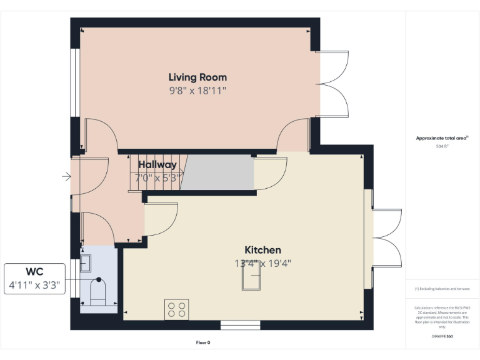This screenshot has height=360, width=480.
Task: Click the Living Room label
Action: pyautogui.click(x=197, y=77)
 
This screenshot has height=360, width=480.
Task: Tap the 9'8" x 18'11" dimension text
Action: pyautogui.click(x=197, y=91)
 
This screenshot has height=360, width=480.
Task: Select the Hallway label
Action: pyautogui.click(x=157, y=165)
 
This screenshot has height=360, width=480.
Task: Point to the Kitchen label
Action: pyautogui.click(x=262, y=249)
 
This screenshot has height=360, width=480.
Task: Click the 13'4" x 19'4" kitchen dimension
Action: pyautogui.click(x=262, y=263)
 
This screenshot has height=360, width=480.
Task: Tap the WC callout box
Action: pyautogui.click(x=35, y=279)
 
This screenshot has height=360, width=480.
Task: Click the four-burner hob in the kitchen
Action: pyautogui.click(x=177, y=310)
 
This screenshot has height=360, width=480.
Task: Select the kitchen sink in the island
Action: pyautogui.click(x=252, y=282)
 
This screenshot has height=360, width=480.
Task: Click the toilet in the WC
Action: pyautogui.click(x=99, y=291)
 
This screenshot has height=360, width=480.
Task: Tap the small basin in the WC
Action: pyautogui.click(x=86, y=257)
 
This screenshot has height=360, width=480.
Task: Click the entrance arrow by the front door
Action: pyautogui.click(x=66, y=177)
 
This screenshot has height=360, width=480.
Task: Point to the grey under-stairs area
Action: pyautogui.click(x=217, y=172)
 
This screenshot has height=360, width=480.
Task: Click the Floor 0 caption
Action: pyautogui.click(x=203, y=342)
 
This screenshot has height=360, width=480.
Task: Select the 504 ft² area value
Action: pyautogui.click(x=442, y=146)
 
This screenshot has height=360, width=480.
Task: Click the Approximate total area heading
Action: pyautogui.click(x=442, y=138)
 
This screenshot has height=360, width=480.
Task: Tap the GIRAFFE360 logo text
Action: pyautogui.click(x=442, y=336)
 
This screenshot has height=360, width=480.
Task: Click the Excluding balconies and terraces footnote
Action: pyautogui.click(x=442, y=289)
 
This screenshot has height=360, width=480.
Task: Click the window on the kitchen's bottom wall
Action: pyautogui.click(x=241, y=325)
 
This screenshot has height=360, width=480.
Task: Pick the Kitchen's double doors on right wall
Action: pyautogui.click(x=386, y=237)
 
